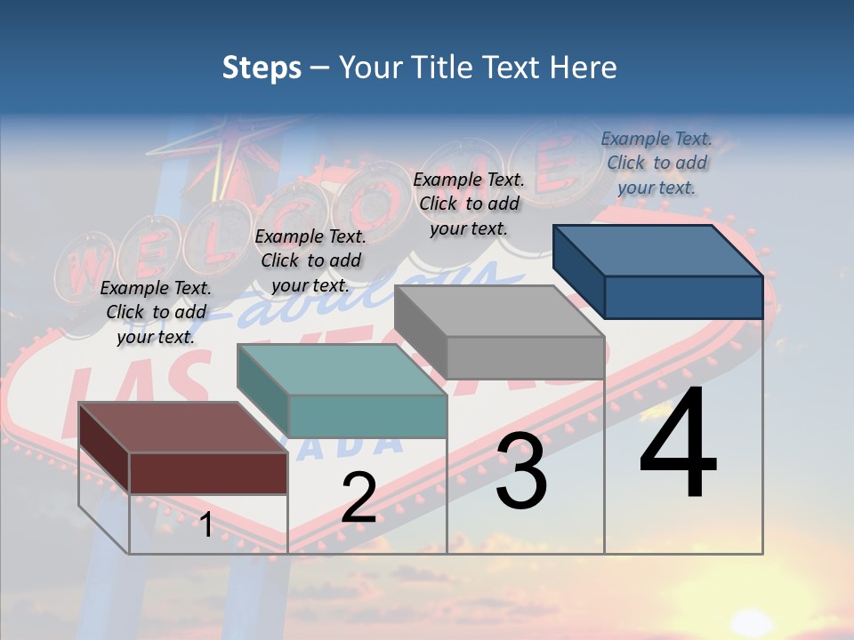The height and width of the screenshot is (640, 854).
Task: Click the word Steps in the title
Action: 262,68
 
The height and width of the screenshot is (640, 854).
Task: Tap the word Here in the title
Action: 584,68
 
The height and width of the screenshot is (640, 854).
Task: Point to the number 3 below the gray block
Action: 521,471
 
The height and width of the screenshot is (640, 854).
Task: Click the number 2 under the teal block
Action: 359,498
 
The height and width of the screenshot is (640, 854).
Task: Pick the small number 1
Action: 205,524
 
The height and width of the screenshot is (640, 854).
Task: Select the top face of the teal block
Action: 342,370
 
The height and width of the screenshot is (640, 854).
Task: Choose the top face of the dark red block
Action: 183,428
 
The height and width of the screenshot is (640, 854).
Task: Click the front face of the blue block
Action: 683,297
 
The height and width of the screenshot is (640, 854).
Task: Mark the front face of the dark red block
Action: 208,473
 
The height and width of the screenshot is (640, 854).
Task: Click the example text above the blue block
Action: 657,163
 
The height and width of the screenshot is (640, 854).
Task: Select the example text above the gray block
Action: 469,204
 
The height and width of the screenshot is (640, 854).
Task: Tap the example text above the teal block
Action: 310,260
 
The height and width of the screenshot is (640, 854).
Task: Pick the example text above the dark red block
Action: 156,312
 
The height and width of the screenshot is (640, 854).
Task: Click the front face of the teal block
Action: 367,416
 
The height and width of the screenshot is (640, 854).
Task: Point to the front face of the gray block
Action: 525,357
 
